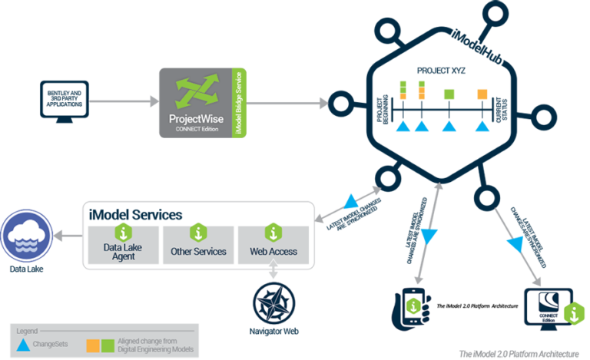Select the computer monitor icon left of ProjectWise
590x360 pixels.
64,101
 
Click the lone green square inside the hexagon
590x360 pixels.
449,94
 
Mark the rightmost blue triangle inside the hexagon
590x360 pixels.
482,126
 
